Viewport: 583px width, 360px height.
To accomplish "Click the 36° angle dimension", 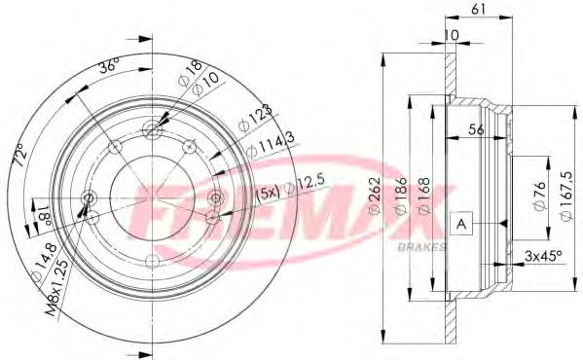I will click(x=109, y=67).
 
